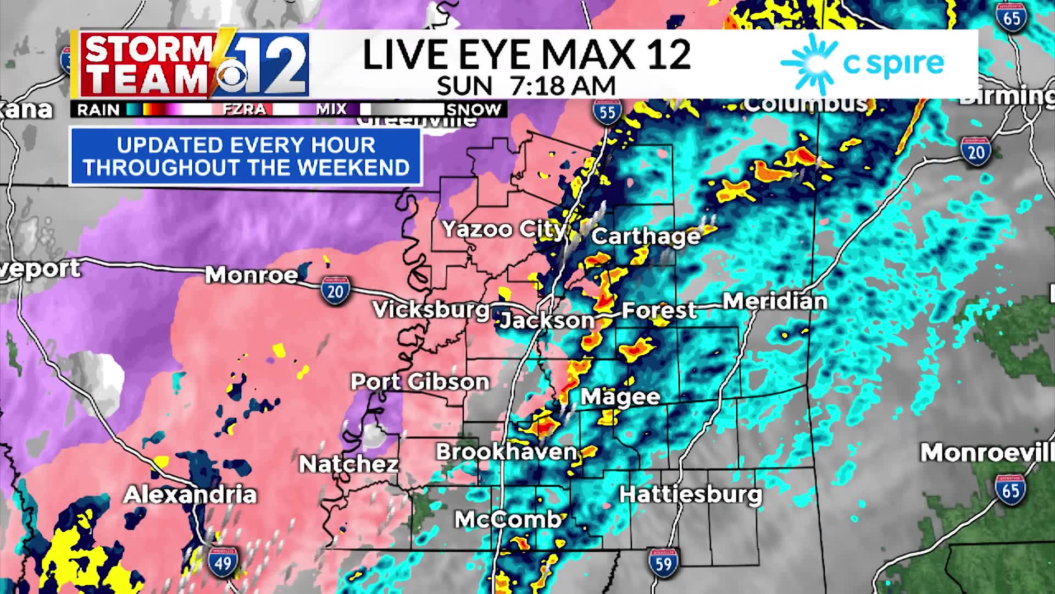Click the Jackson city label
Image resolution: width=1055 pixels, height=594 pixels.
[x=547, y=320]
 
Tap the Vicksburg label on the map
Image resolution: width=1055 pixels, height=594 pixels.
[x=431, y=310]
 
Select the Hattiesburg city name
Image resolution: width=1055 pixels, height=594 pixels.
[x=691, y=494]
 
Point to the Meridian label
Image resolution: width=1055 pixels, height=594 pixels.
[x=775, y=301]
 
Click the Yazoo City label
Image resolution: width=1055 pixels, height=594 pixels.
[x=503, y=229]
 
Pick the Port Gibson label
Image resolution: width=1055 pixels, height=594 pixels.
[x=420, y=382]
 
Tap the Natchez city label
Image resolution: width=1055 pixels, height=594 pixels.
[x=348, y=465]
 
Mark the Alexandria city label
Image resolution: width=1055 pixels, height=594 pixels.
[x=190, y=494]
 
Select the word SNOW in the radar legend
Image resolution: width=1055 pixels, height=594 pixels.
[x=474, y=109]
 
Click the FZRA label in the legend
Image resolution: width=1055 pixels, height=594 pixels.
[x=244, y=109]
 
